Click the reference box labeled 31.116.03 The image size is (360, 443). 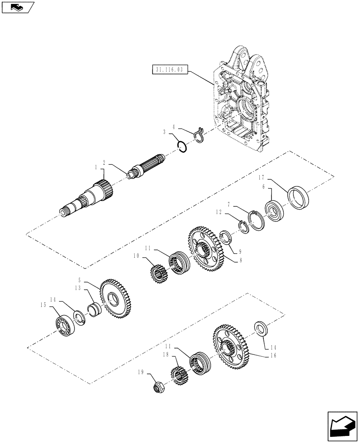point(170,70)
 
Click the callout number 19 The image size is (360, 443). point(141,373)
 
